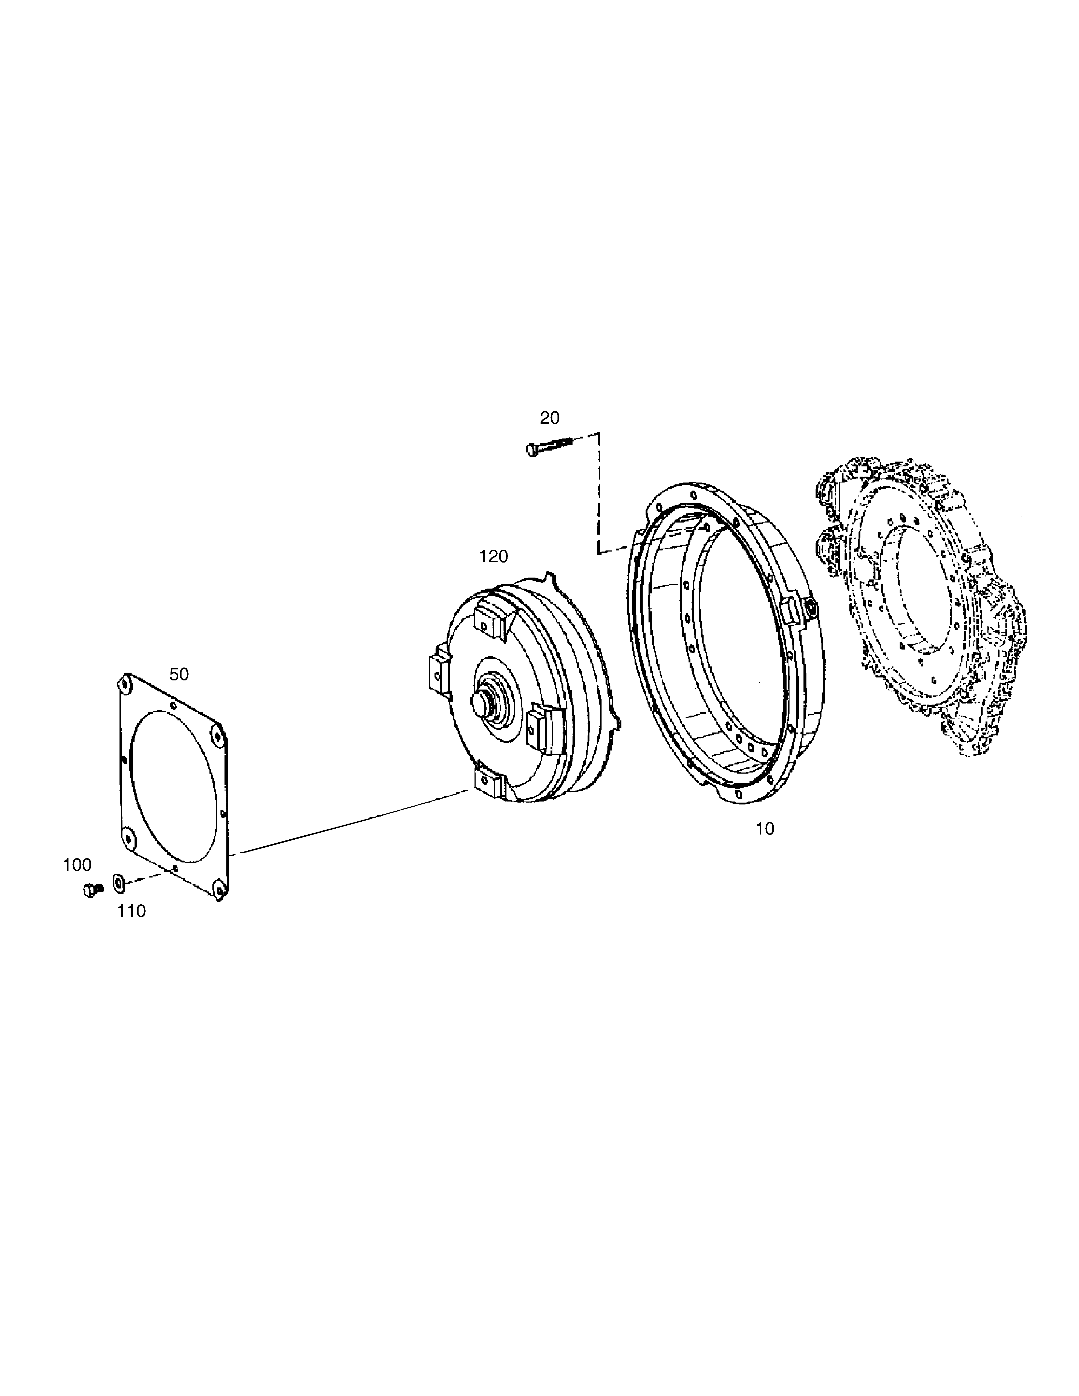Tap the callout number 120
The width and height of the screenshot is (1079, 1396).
coord(494,557)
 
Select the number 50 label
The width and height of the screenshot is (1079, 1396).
coord(179,674)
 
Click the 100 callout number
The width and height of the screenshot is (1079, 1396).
coord(77,865)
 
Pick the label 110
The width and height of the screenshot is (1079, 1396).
coord(131,911)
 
